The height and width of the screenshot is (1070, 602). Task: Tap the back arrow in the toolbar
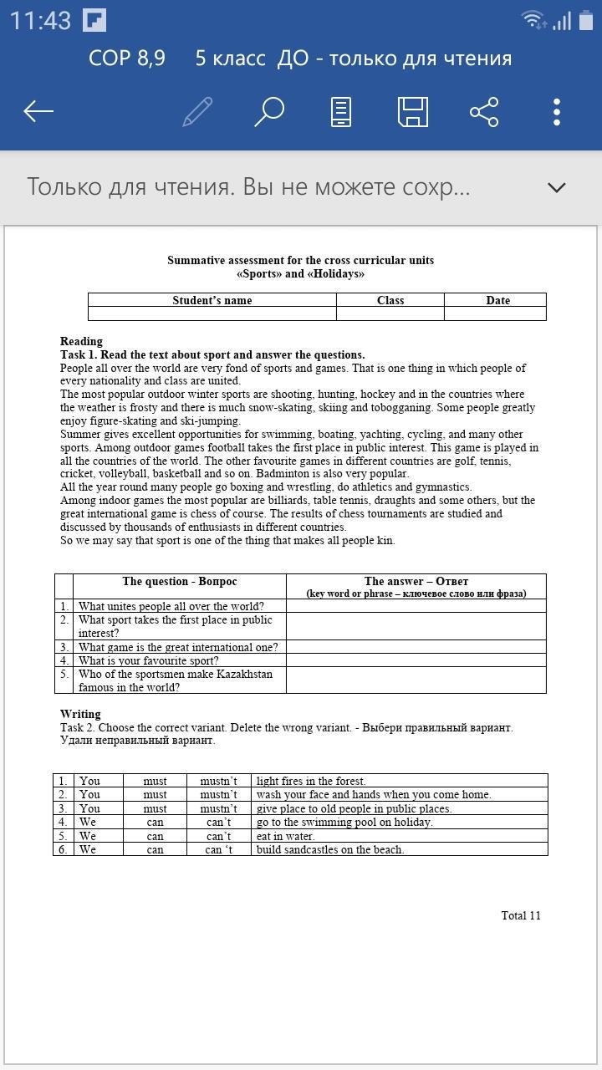point(38,111)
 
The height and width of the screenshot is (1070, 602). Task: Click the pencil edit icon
point(197,111)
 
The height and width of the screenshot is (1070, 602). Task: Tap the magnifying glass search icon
point(269,111)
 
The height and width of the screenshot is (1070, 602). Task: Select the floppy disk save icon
point(412,111)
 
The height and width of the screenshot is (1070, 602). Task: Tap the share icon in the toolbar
point(484,111)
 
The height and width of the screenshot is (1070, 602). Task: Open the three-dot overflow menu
point(557,111)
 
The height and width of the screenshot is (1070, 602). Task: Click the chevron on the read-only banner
point(557,187)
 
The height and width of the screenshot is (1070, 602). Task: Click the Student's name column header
point(212,300)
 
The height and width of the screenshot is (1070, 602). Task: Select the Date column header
point(497,300)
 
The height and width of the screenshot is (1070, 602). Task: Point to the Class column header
point(390,300)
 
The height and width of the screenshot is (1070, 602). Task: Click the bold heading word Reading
point(81,341)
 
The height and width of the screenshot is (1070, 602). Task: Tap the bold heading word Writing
point(80,714)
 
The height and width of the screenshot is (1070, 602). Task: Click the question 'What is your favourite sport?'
point(148,660)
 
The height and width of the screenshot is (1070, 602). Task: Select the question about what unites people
point(171,606)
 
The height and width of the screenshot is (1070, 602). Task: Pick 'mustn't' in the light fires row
point(218,781)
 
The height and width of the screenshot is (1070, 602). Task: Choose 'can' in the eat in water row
point(155,836)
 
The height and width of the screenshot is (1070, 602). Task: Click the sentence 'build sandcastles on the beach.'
point(330,849)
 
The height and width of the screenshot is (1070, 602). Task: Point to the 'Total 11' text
point(520,915)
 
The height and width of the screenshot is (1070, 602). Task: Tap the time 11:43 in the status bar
point(40,21)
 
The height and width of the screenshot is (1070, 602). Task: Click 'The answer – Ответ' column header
point(416,581)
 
